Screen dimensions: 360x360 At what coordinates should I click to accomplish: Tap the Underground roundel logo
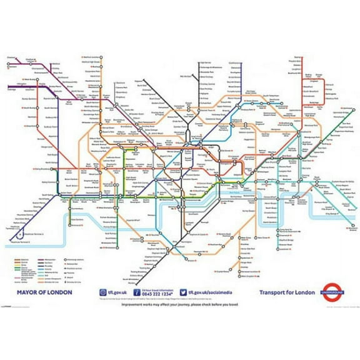click(334, 291)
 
